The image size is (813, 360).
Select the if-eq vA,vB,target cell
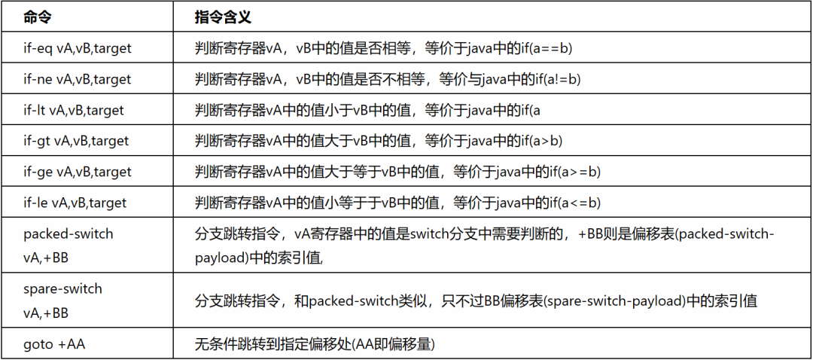(77, 48)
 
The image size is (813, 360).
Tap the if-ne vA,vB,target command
(77, 79)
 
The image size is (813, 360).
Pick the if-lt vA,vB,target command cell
(74, 110)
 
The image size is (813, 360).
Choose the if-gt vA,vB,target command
(76, 141)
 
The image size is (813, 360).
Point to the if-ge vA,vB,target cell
(77, 172)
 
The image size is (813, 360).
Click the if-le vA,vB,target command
(75, 203)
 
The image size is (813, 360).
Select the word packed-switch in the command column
(69, 233)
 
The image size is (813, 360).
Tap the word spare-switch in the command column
(62, 288)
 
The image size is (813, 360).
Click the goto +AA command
(54, 344)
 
